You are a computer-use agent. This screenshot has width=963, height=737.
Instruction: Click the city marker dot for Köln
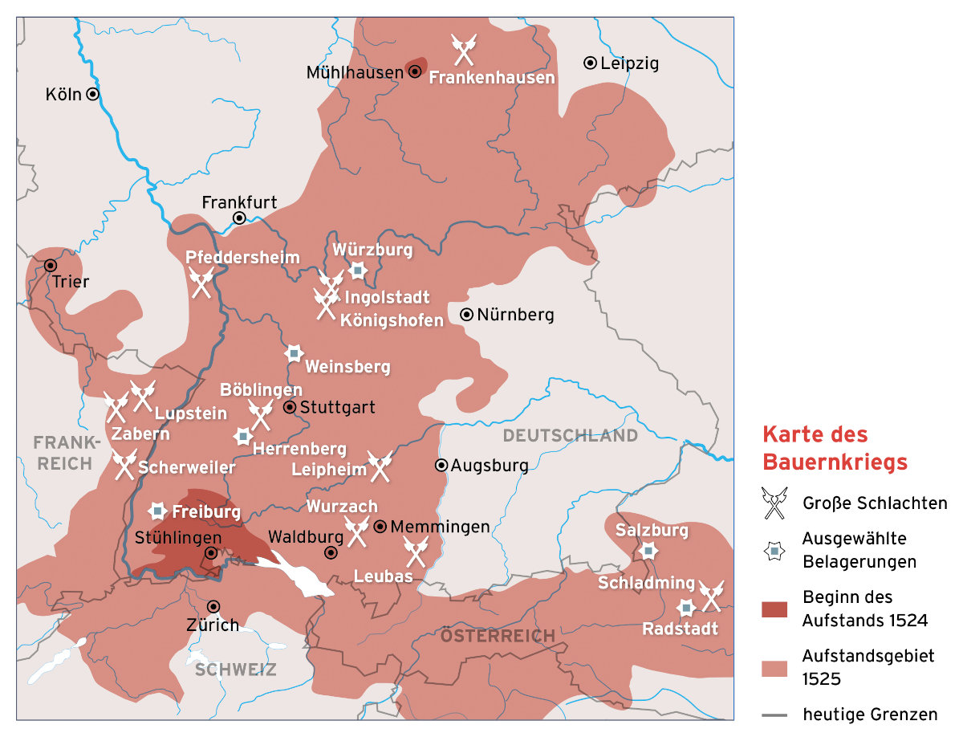coord(92,94)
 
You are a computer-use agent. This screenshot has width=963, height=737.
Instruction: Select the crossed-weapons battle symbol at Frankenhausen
coord(464,49)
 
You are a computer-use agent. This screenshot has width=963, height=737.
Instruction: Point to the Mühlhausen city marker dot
coord(415,71)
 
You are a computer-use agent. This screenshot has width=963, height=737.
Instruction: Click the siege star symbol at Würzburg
coord(358,271)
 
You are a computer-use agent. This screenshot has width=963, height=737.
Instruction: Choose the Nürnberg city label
coord(514,315)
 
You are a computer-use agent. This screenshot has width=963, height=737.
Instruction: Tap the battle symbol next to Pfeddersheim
coord(201,283)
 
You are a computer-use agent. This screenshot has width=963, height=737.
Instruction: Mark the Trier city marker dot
coord(51,265)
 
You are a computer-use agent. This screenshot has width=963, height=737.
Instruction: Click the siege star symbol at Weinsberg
coord(295,352)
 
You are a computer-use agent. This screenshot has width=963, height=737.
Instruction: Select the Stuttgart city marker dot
coord(290,407)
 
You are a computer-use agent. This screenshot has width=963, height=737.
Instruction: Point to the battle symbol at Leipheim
coord(379,466)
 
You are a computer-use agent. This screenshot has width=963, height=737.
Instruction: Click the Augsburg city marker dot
coord(441,465)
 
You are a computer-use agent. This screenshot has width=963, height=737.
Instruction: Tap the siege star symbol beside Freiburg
coord(158,511)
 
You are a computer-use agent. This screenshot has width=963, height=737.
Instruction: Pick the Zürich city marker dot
coord(213,606)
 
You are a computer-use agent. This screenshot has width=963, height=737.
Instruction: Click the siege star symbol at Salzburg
coord(648,551)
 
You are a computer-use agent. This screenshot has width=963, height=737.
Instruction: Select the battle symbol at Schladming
coord(711,596)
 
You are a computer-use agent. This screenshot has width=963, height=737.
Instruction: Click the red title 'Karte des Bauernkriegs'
coord(835,448)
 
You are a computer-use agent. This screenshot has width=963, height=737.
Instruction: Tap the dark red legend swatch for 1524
coord(775,609)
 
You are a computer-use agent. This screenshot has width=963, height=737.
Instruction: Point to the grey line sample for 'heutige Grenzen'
coord(775,715)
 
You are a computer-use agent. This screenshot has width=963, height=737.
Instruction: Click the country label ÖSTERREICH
coord(497,636)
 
